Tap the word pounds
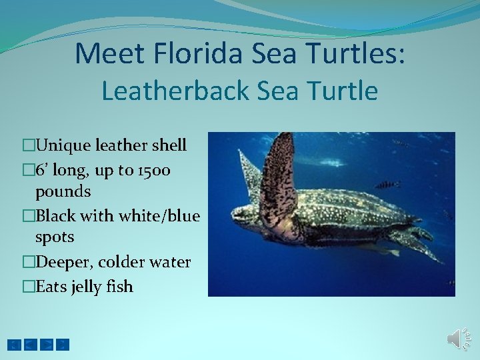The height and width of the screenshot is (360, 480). click(63, 192)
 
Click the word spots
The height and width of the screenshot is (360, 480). click(55, 237)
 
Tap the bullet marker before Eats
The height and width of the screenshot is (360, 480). click(27, 287)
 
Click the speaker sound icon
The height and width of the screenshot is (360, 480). click(457, 339)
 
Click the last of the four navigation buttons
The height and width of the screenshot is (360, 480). click(63, 345)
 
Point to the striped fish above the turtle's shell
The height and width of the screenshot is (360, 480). click(387, 184)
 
